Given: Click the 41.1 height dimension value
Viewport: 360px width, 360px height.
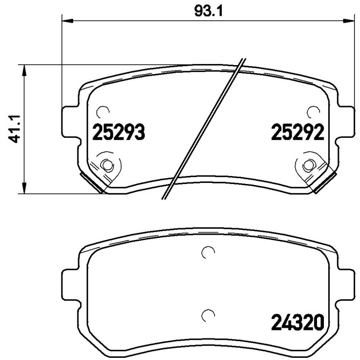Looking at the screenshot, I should coord(16,129).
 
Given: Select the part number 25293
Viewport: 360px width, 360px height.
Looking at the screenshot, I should coord(119,132).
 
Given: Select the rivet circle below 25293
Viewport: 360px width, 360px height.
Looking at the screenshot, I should coord(107,165).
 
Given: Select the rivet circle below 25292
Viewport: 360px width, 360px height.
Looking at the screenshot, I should coord(308,165).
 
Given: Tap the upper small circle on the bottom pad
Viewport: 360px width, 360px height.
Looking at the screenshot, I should coord(207,252).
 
